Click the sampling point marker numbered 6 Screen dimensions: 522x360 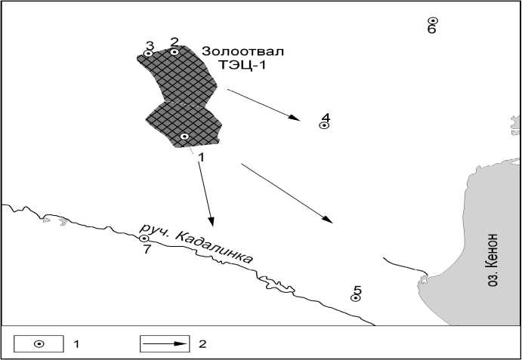pos(432,21)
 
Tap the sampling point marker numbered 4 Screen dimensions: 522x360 pos(324,125)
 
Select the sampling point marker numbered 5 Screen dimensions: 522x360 pos(354,298)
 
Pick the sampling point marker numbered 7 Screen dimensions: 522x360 pos(144,238)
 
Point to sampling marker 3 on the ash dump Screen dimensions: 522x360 pos(148,54)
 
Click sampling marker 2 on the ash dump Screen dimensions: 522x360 pos(175,51)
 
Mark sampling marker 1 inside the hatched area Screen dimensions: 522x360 pos(184,137)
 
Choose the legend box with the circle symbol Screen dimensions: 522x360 pos(39,343)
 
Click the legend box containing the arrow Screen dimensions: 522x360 pos(165,343)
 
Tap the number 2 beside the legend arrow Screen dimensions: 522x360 pos(202,343)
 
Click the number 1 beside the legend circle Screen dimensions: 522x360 pos(76,343)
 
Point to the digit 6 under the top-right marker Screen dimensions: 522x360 pos(431,30)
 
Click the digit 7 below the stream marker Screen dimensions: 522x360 pos(147,249)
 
